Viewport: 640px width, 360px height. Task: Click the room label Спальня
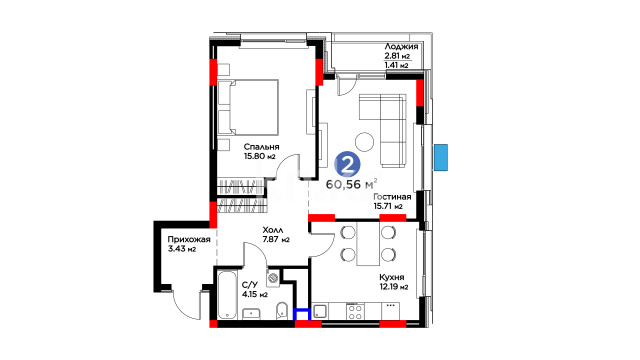tap(261, 147)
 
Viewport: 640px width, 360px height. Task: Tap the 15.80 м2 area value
tap(260, 156)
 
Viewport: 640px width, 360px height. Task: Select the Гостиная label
tap(392, 197)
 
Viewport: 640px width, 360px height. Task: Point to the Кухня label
tap(391, 278)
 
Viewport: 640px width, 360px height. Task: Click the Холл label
tap(273, 230)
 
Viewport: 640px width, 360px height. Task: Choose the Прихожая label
tap(189, 240)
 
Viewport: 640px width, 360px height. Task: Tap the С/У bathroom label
tap(250, 285)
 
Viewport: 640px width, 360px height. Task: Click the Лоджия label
tap(401, 47)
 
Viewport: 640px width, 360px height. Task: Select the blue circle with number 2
tap(347, 164)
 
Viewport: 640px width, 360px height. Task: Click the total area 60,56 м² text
tap(351, 184)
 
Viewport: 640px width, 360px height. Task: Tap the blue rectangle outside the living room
tap(441, 157)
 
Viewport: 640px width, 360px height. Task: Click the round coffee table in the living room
tap(364, 142)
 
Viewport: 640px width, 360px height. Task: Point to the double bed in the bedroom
tap(248, 107)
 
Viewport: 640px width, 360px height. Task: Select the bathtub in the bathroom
tap(227, 295)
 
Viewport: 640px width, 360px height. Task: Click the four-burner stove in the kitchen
tap(354, 311)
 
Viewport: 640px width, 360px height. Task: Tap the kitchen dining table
tap(368, 244)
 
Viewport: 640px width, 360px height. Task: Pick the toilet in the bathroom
tap(282, 311)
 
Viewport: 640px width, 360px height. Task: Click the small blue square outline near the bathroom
tap(302, 314)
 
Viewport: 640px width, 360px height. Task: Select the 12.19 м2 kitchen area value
tap(394, 287)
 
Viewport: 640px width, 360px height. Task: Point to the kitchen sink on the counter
tap(320, 312)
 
